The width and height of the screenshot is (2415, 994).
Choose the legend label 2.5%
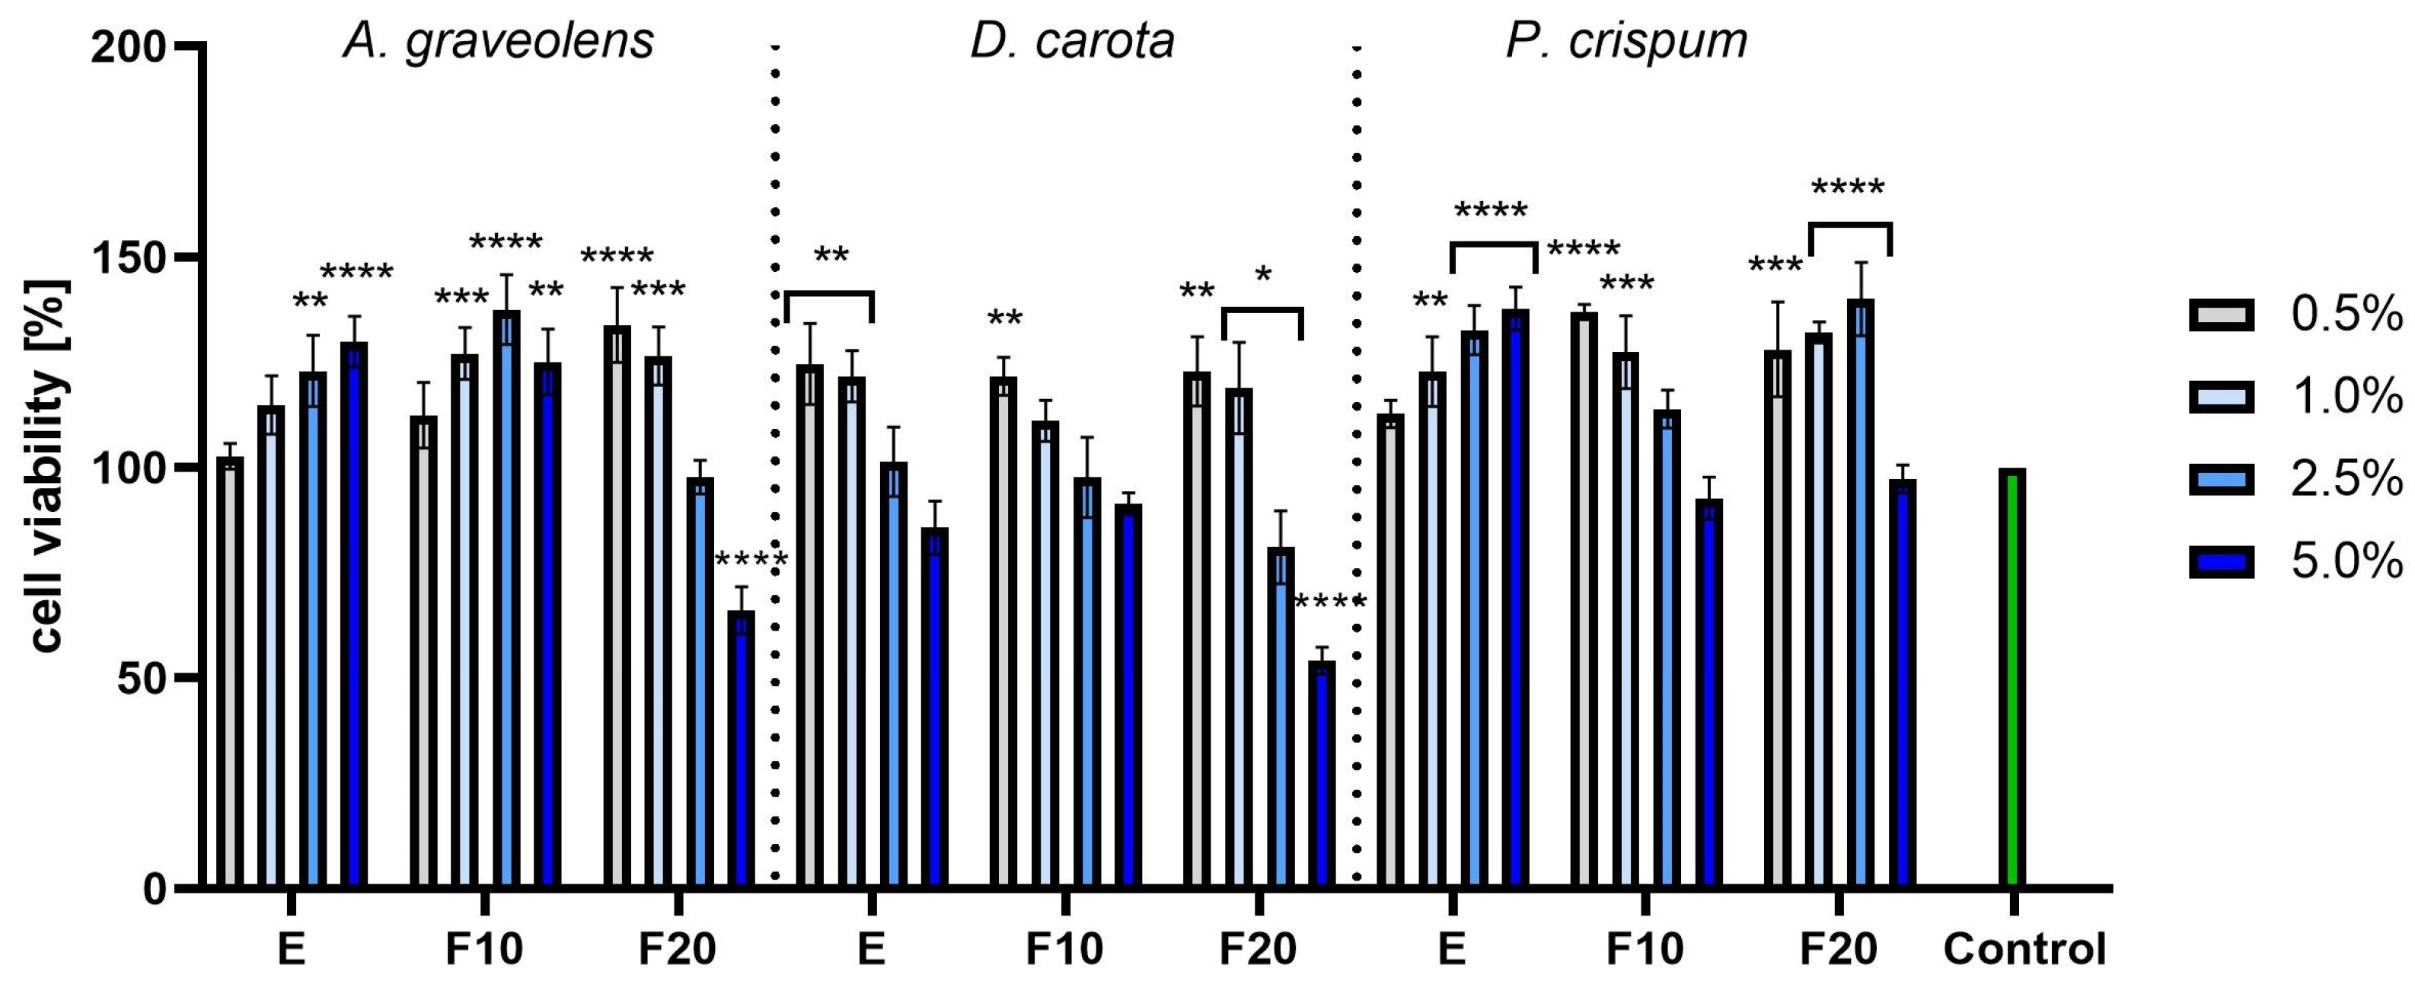point(2346,480)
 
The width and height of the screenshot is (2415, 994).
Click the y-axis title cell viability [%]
point(47,466)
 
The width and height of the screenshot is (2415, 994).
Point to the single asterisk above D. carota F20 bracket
point(1263,276)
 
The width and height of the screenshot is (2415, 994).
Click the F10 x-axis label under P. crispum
point(1645,949)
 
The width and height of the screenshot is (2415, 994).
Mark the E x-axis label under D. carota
point(871,949)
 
